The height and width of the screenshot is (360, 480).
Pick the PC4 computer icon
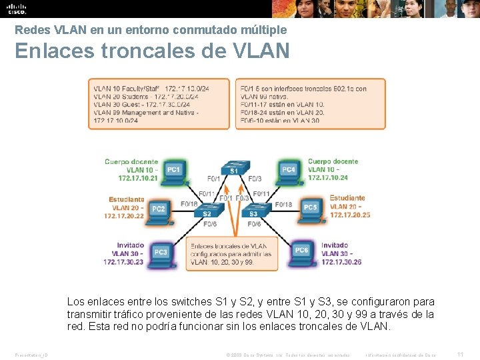pos(288,170)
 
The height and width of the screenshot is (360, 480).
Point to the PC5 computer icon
pos(309,208)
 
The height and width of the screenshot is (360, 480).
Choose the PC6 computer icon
pos(301,251)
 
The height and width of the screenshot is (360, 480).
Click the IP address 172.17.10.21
pos(138,178)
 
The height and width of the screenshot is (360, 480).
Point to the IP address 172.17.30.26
pos(341,262)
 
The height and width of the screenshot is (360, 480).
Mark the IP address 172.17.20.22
pos(124,215)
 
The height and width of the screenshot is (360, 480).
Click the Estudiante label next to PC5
pos(347,198)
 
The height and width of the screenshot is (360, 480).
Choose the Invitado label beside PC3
pos(130,245)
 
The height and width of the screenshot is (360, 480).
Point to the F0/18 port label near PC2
pos(189,204)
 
